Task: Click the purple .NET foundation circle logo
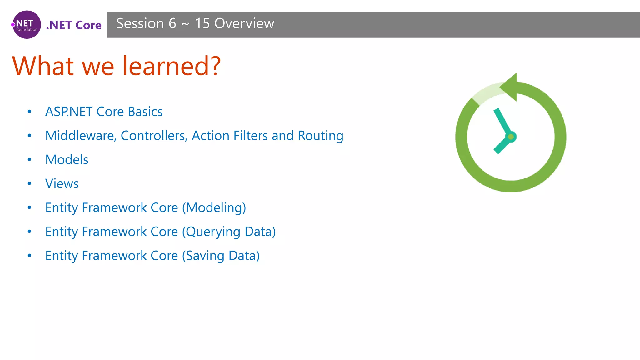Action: point(27,25)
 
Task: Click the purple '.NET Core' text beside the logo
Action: point(74,25)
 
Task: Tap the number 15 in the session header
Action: point(202,23)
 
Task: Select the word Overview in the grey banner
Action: point(244,23)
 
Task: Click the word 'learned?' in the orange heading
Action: point(172,66)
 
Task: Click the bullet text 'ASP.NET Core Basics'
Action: point(104,112)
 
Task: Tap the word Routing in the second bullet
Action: point(320,136)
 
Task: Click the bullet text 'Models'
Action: point(67,160)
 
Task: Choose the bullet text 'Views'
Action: point(62,184)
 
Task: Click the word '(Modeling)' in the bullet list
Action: point(214,208)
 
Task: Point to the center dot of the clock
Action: point(511,137)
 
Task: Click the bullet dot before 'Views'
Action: point(29,184)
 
